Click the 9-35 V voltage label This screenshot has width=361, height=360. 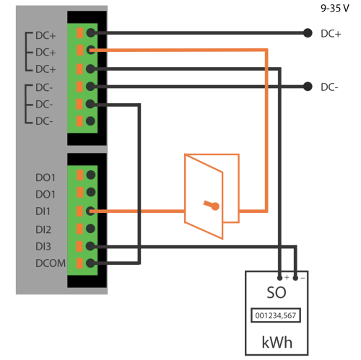click(335, 9)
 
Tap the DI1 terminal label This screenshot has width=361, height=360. click(43, 211)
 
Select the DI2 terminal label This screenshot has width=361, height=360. click(43, 229)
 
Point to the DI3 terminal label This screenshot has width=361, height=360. click(43, 247)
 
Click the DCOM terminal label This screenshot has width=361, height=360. click(51, 263)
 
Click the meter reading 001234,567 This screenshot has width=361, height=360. click(276, 315)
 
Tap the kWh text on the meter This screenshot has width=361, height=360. click(277, 342)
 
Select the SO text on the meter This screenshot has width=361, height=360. click(277, 293)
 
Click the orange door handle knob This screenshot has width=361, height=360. click(215, 206)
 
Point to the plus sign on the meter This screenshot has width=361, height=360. click(287, 277)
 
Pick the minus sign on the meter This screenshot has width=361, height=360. click(303, 278)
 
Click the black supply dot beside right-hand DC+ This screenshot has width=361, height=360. click(308, 33)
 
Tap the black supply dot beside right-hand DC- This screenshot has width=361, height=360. click(308, 87)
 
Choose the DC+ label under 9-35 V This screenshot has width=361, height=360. click(331, 34)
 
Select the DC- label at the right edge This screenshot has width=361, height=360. click(329, 87)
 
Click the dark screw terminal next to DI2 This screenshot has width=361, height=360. click(90, 229)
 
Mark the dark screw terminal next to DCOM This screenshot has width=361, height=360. click(90, 263)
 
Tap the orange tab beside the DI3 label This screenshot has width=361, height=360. click(79, 246)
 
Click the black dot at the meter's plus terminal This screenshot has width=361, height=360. click(279, 278)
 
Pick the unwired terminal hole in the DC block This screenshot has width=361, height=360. click(90, 121)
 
